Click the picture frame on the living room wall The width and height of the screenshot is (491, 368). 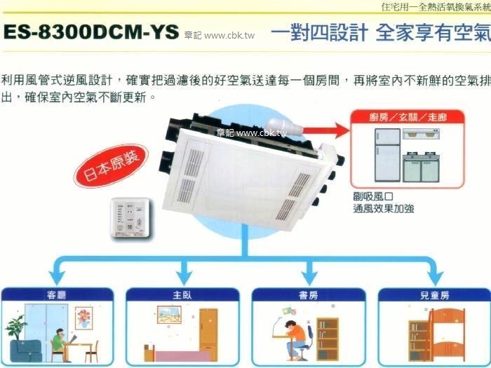pos(83,318)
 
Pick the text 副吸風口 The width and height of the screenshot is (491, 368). pos(371,196)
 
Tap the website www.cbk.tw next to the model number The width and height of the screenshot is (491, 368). pos(229,35)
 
